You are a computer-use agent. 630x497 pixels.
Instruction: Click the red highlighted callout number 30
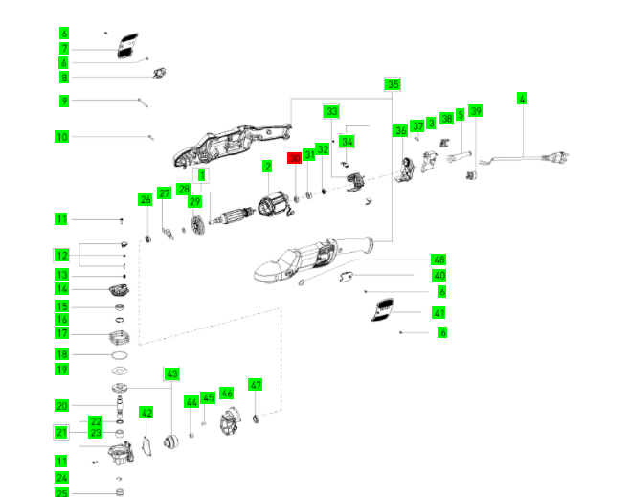295,157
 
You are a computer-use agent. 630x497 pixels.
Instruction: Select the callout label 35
393,84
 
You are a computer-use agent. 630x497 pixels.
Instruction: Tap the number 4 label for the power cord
522,98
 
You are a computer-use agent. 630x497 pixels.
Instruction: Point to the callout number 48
439,260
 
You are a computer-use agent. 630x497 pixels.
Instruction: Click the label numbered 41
439,313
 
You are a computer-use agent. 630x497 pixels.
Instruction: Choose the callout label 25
62,493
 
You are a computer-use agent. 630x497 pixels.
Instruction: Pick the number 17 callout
62,333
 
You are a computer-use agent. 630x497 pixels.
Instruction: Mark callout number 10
62,137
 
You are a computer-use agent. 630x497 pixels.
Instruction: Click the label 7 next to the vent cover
64,48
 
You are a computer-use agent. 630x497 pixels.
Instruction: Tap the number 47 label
256,384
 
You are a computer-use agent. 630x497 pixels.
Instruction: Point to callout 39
475,112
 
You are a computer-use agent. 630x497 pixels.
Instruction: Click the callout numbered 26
146,199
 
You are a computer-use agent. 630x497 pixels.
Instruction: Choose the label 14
62,289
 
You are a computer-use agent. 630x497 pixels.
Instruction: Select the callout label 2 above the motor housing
268,167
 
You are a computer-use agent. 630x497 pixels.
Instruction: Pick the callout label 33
331,111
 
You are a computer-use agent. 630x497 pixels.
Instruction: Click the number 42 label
146,413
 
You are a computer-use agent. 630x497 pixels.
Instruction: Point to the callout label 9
64,101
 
